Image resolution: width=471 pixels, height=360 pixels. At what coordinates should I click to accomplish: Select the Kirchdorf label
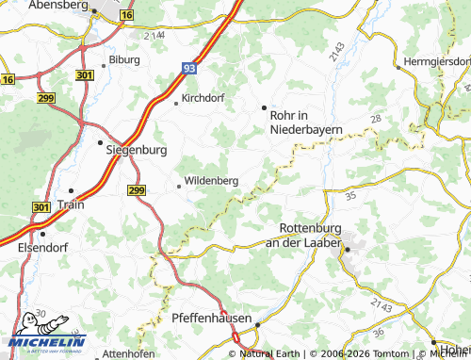(x=204, y=98)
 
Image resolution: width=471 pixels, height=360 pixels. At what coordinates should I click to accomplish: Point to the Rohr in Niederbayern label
(x=305, y=122)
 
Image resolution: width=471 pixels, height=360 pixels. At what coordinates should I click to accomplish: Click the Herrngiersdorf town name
(x=435, y=64)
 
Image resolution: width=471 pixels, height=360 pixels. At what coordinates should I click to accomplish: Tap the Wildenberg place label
(x=211, y=180)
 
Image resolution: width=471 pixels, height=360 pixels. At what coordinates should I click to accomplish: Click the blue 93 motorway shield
(x=190, y=68)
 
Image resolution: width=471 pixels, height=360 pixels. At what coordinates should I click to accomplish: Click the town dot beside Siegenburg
(x=100, y=143)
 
